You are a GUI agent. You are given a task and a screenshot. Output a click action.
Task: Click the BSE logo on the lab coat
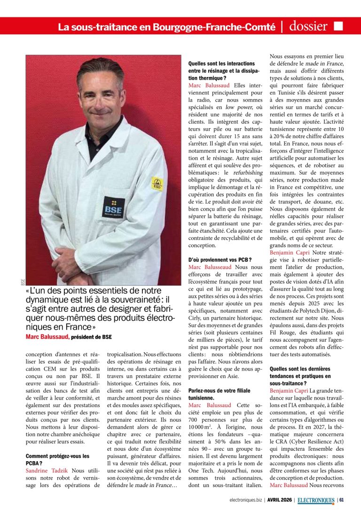[x=114, y=208]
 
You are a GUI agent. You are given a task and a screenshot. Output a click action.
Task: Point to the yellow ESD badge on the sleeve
[x=157, y=184]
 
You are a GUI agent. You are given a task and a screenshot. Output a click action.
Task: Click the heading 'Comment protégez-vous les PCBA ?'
[x=57, y=460]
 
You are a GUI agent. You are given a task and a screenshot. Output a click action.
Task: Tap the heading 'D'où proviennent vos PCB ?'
[x=220, y=259]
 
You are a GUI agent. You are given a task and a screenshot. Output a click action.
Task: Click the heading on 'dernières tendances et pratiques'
[x=300, y=376]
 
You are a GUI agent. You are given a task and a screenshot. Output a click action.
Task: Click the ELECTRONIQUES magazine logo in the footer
[x=316, y=499]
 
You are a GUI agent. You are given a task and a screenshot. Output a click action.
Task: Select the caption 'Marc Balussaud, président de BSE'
[x=69, y=337]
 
